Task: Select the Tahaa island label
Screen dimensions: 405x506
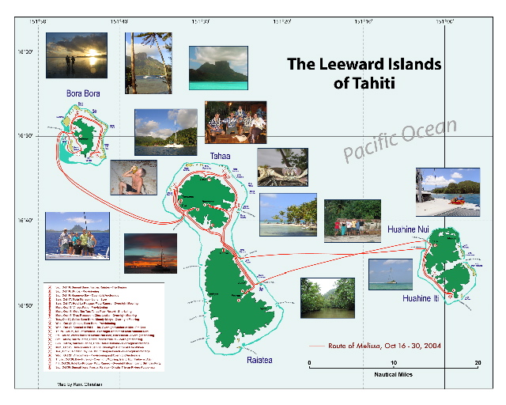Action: click(220, 157)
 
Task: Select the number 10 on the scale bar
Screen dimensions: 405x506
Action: click(393, 363)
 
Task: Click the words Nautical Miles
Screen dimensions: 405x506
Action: click(392, 373)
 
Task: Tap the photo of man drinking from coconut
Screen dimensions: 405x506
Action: click(133, 177)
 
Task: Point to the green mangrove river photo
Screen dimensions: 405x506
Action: click(327, 297)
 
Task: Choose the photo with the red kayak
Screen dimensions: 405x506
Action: click(447, 191)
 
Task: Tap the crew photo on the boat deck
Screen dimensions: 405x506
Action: click(77, 237)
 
